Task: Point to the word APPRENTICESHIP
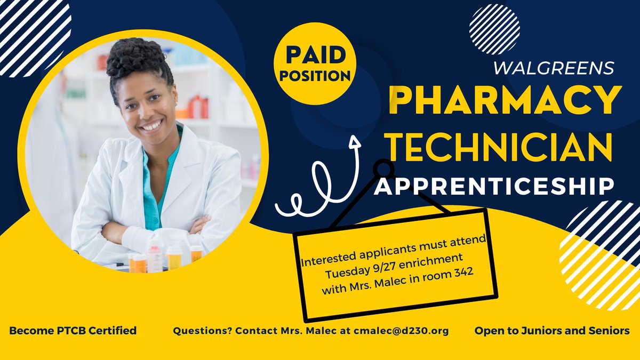click(x=493, y=186)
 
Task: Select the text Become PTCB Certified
click(x=73, y=331)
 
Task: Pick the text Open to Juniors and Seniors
click(x=552, y=331)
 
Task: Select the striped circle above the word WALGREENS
click(x=494, y=29)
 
